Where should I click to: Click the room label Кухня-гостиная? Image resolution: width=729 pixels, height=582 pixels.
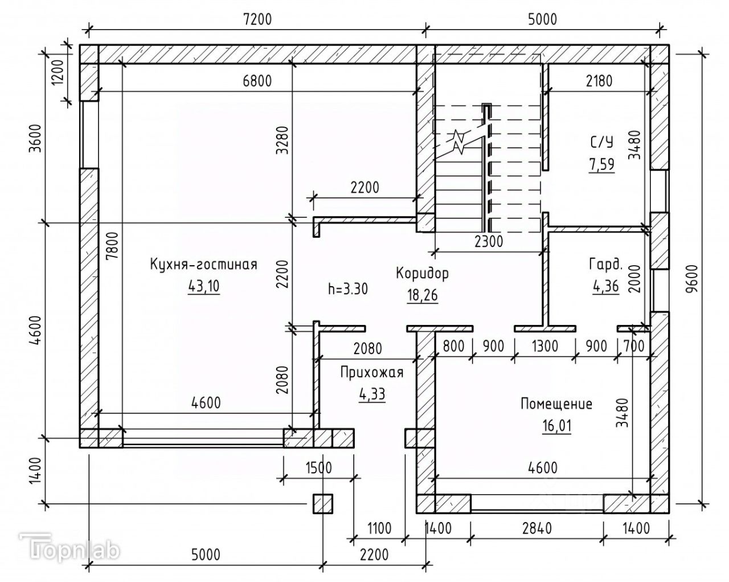[x=203, y=264]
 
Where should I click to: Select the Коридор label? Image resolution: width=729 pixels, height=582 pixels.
[x=422, y=273]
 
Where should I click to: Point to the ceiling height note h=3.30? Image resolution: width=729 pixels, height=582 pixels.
[x=348, y=288]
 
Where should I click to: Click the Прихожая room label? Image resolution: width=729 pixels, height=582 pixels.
[x=372, y=373]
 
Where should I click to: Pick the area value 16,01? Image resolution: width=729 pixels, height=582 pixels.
[x=556, y=425]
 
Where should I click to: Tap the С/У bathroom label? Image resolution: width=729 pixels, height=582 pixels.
[x=601, y=142]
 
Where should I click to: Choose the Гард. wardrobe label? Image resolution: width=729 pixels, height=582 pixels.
[x=604, y=264]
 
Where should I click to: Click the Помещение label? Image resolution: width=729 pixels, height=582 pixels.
[x=556, y=404]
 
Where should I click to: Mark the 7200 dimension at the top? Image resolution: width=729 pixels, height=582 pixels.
[x=257, y=18]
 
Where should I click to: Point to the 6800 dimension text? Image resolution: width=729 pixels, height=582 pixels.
[x=257, y=81]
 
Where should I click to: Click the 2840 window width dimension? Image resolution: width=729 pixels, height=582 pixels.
[x=536, y=528]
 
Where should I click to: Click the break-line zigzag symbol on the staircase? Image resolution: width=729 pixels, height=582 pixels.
[x=459, y=142]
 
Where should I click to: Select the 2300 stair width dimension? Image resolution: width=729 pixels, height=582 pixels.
[x=489, y=241]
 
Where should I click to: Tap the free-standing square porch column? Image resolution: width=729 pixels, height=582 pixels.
[x=322, y=503]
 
